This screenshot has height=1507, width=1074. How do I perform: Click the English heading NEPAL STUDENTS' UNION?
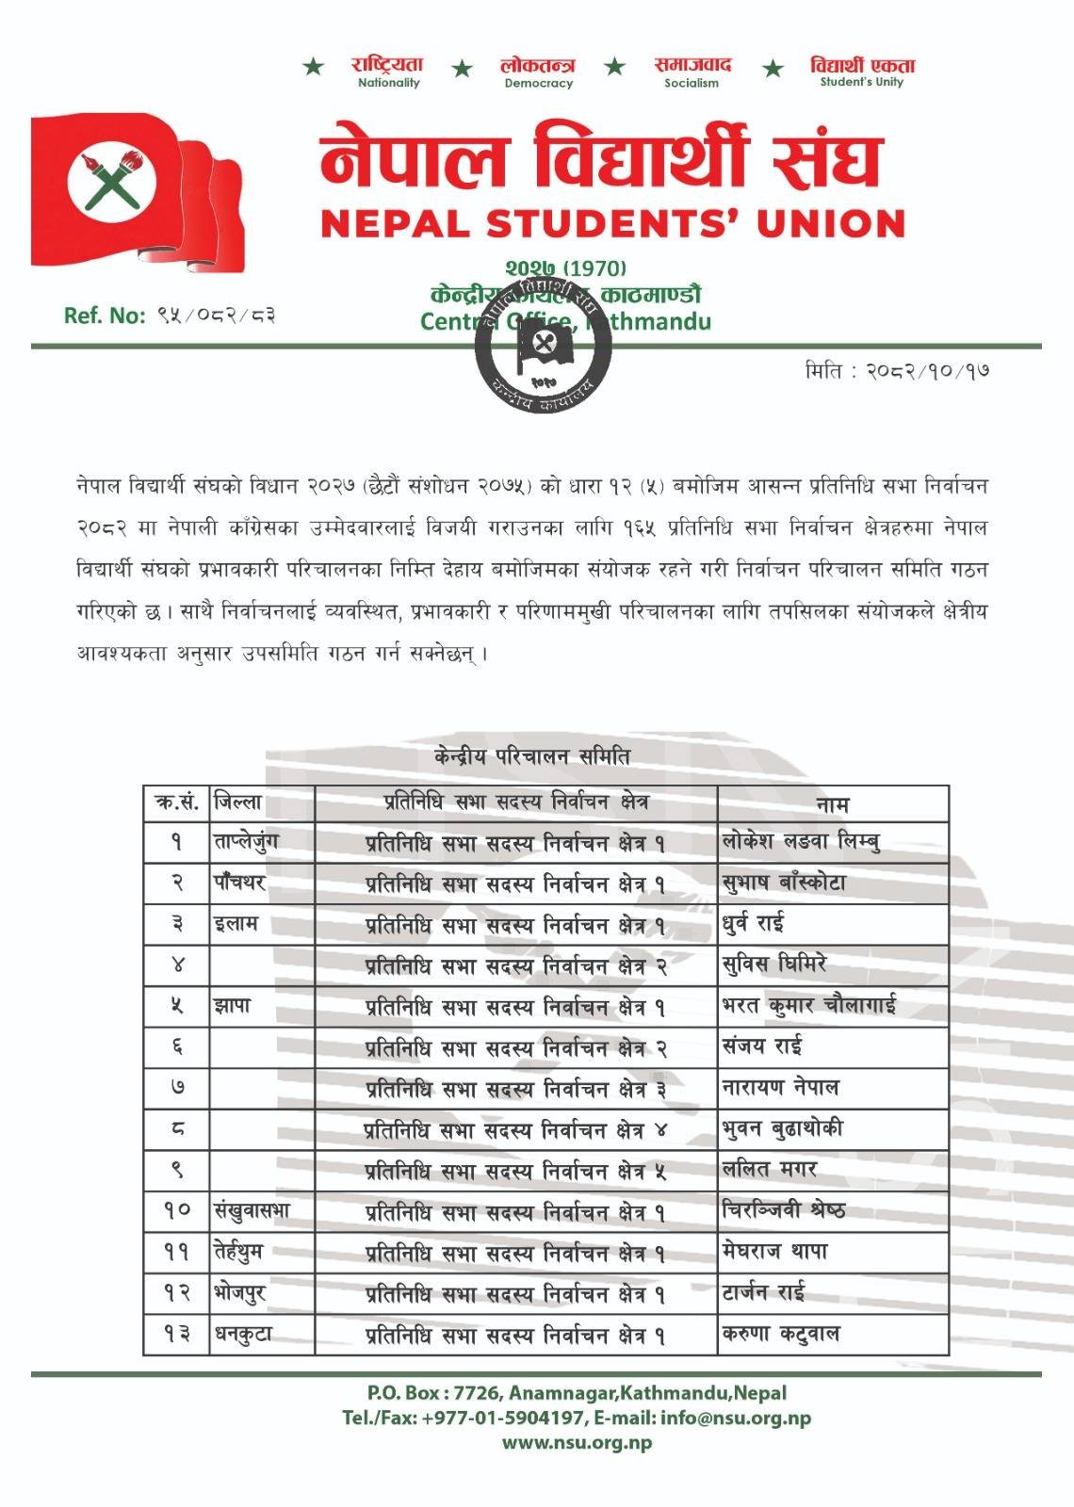click(x=612, y=224)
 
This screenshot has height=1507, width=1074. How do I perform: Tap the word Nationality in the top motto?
click(x=388, y=83)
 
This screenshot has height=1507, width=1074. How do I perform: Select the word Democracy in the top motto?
click(x=538, y=83)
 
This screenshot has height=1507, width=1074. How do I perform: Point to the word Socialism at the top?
click(x=691, y=83)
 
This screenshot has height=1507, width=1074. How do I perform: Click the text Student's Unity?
click(x=861, y=82)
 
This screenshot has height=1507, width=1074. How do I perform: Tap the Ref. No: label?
click(x=104, y=316)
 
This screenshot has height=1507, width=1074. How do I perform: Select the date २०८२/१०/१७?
click(x=927, y=371)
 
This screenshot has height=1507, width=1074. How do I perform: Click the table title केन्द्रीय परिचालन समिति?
click(x=532, y=756)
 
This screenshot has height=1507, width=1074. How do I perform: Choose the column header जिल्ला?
click(x=238, y=803)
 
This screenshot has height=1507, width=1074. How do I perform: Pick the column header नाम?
click(x=832, y=804)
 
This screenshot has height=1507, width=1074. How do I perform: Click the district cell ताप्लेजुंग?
click(x=246, y=842)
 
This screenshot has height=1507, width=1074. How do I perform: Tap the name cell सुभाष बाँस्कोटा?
click(x=784, y=883)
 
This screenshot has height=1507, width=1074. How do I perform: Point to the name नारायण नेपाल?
click(x=780, y=1088)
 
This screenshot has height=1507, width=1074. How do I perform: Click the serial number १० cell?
click(x=177, y=1211)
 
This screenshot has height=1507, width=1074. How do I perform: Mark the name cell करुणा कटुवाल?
click(x=780, y=1335)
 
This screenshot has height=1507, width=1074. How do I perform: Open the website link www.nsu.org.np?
click(x=577, y=1442)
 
